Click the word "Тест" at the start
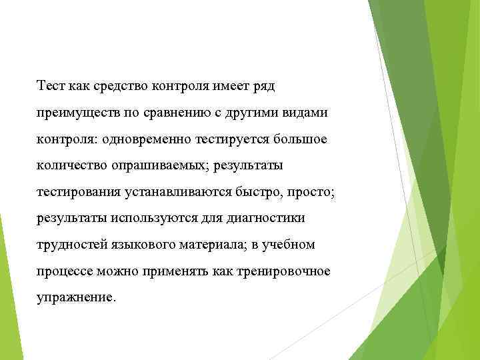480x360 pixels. [x=50, y=86]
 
